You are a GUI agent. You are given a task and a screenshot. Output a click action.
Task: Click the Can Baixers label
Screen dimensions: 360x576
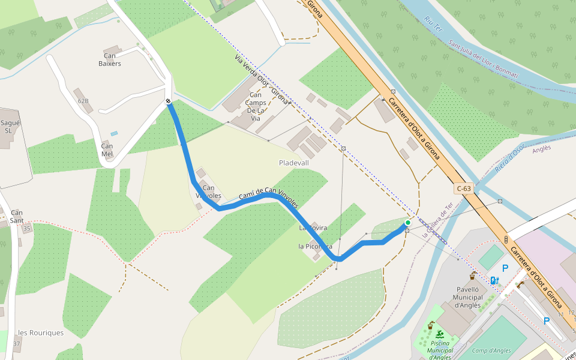click(109, 59)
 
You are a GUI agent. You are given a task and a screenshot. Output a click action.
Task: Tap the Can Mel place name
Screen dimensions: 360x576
click(107, 149)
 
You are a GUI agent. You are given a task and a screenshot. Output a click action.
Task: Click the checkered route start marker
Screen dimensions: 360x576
click(169, 101)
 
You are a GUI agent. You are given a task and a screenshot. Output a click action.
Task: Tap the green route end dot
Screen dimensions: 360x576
click(408, 223)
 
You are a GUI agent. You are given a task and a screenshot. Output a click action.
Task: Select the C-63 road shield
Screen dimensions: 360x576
click(464, 188)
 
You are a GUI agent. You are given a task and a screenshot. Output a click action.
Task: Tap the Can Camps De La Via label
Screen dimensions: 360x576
click(256, 107)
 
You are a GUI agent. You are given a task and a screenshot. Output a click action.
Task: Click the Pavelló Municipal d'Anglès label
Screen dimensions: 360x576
click(469, 297)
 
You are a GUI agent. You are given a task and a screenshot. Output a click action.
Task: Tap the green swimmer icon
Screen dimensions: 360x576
click(440, 334)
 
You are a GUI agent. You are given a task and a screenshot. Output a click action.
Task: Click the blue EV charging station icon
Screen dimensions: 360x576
click(494, 280)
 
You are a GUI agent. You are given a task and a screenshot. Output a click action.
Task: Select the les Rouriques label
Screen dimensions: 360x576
click(41, 333)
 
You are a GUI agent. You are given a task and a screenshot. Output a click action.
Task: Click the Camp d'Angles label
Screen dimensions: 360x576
click(491, 351)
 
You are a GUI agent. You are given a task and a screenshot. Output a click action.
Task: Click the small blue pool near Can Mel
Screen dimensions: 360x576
click(114, 133)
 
